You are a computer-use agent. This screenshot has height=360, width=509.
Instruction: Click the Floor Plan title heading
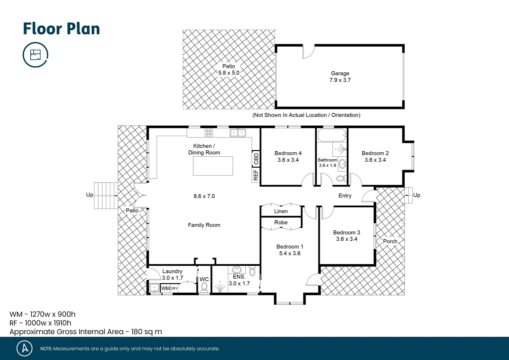pyautogui.click(x=61, y=29)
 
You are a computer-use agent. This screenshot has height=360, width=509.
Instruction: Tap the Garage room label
pyautogui.click(x=340, y=73)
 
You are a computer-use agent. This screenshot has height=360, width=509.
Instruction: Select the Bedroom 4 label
pyautogui.click(x=288, y=153)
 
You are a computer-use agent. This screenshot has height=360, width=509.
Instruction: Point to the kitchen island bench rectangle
pyautogui.click(x=213, y=166)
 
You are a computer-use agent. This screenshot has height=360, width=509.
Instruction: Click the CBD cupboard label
pyautogui.click(x=256, y=159)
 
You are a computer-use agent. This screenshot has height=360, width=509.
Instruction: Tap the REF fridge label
pyautogui.click(x=256, y=175)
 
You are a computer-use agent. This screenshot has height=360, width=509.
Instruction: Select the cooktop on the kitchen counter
pyautogui.click(x=209, y=133)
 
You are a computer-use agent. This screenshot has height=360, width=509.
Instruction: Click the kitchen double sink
pyautogui.click(x=238, y=133)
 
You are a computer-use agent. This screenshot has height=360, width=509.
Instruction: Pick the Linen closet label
pyautogui.click(x=281, y=211)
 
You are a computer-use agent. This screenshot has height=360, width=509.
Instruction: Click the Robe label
pyautogui.click(x=281, y=222)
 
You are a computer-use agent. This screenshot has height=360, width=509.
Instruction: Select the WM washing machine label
pyautogui.click(x=165, y=288)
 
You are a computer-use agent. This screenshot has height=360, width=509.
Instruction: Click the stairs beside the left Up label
pyautogui.click(x=106, y=196)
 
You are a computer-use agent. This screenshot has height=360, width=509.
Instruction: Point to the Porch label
pyautogui.click(x=390, y=241)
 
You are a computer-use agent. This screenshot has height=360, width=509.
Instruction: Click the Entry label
pyautogui.click(x=345, y=196)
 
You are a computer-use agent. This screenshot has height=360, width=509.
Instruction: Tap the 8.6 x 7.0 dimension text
pyautogui.click(x=204, y=196)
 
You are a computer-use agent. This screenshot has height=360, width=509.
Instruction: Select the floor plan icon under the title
pyautogui.click(x=35, y=55)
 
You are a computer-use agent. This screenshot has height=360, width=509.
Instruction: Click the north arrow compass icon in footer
pyautogui.click(x=25, y=348)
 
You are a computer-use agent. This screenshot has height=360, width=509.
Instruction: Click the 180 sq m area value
pyautogui.click(x=147, y=332)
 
